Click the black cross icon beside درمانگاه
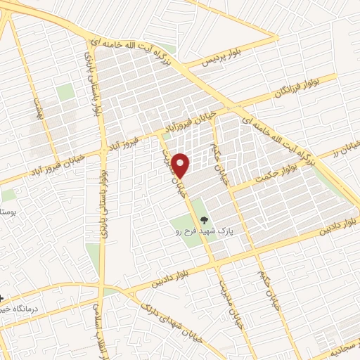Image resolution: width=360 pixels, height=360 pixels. tap(3, 298)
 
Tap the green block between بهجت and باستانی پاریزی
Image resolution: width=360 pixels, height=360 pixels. tap(65, 92)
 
